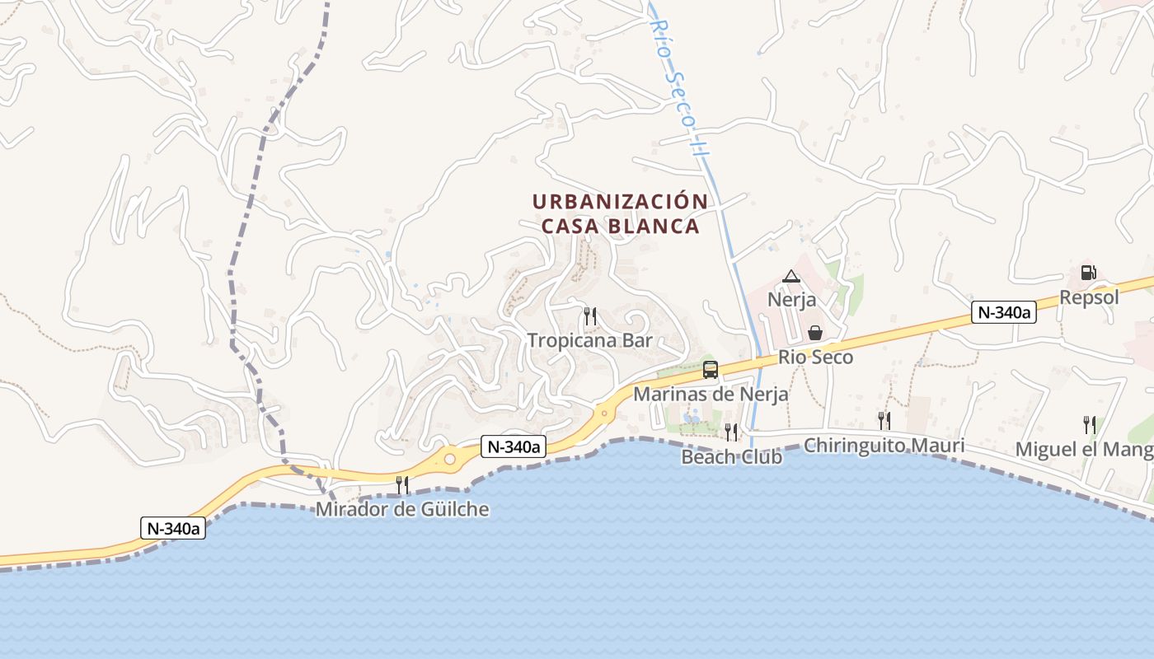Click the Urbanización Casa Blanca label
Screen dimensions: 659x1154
(619, 213)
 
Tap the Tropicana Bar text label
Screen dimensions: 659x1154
(589, 340)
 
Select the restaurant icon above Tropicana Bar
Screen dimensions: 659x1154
(589, 315)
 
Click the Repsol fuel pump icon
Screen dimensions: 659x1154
(1088, 272)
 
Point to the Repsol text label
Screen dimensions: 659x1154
(1089, 297)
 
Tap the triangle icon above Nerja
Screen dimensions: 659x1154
(791, 276)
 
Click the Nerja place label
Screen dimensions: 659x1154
(791, 299)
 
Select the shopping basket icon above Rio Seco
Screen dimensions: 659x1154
(815, 333)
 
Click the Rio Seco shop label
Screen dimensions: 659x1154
(815, 358)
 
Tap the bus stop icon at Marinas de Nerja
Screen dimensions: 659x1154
(710, 370)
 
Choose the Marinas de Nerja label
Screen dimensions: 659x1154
(710, 394)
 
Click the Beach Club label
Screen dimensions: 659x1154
(731, 456)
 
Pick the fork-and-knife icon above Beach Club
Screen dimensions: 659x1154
(731, 432)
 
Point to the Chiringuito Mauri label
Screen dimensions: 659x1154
(884, 446)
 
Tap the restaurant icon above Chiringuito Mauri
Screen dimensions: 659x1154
(884, 420)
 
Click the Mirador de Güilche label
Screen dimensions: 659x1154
(402, 509)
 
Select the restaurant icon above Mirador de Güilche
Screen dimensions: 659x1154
(402, 484)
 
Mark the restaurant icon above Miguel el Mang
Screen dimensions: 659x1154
(1090, 425)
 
